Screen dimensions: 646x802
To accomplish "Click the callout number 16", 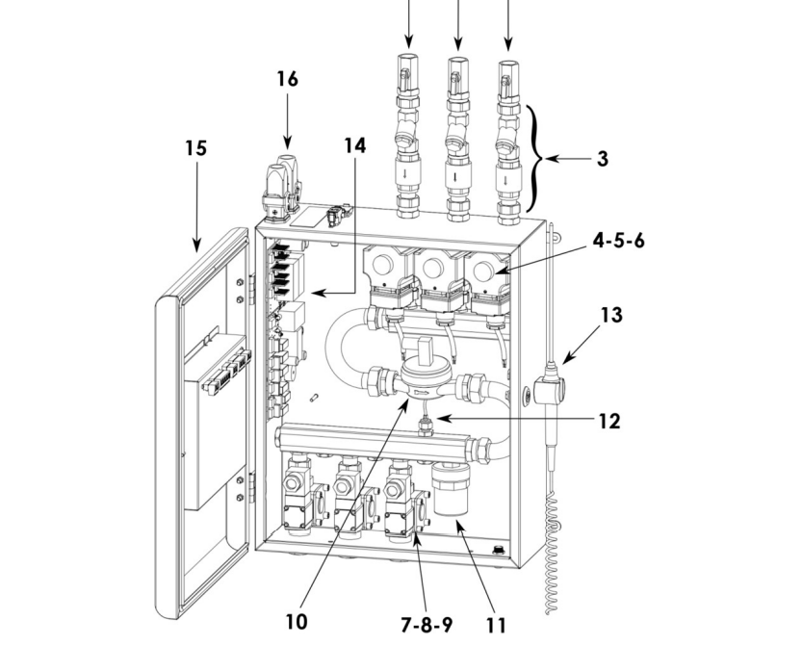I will coord(287,78).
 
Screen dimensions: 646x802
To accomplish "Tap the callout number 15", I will coord(196,149).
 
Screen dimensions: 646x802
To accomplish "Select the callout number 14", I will coord(355,145).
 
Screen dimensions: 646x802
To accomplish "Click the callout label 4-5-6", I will coord(618,240).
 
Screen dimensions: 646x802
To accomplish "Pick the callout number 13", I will coord(610,315).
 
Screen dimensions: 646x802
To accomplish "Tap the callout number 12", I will coord(608,420).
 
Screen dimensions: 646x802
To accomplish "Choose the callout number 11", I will coord(495,626).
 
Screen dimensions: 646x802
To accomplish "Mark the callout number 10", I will coord(298,622).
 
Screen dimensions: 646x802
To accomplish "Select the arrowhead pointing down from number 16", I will coord(285,144).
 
